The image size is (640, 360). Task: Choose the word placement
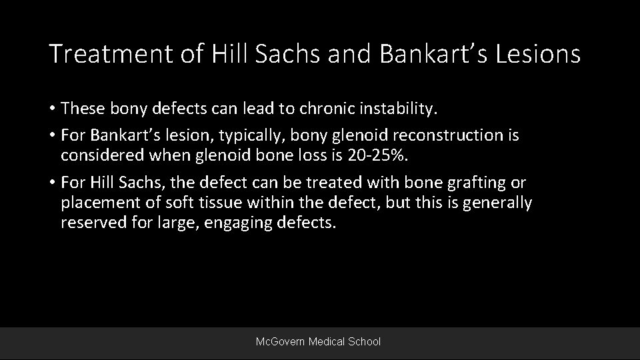[97, 203]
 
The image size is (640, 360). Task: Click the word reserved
[90, 223]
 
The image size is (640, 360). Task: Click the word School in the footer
[365, 342]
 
